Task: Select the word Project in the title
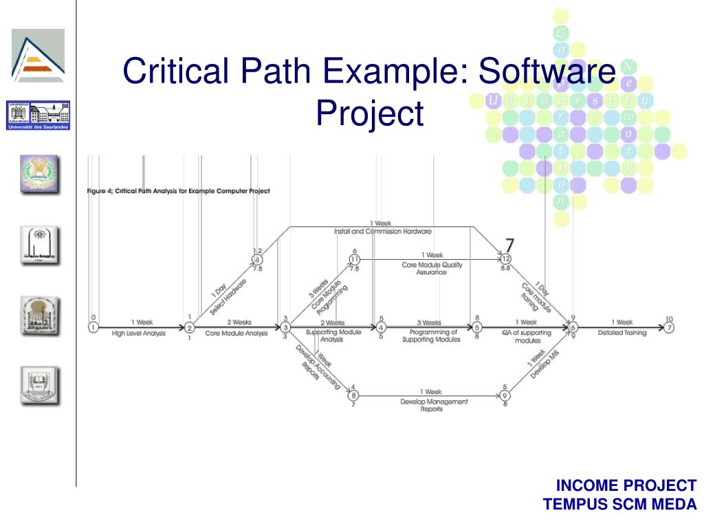point(369,113)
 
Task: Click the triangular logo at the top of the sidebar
point(38,55)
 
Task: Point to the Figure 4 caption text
point(178,190)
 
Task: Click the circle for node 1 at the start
point(93,328)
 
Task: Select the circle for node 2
point(190,328)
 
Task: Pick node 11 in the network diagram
point(355,259)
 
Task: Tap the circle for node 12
point(505,259)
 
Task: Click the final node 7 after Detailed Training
point(669,328)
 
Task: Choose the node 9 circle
point(505,395)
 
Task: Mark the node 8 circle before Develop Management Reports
point(353,395)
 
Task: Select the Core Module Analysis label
point(236,333)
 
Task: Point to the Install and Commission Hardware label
point(382,232)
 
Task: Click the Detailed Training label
point(622,333)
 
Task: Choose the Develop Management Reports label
point(434,405)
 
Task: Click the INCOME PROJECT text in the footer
point(626,485)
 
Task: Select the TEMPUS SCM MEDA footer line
point(620,504)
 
